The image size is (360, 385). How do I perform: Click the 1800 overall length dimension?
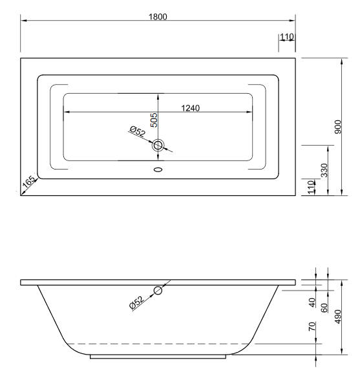point(158,16)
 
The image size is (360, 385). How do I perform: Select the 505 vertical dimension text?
point(154,120)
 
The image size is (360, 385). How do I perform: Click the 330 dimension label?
point(324,170)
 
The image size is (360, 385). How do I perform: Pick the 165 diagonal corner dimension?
point(29,184)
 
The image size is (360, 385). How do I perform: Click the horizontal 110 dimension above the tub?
point(288,38)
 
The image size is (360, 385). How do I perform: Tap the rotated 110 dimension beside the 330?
point(312,188)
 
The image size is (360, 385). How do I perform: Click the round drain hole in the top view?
point(158,146)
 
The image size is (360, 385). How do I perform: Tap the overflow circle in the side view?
point(158,291)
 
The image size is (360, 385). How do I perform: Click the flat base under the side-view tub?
point(158,356)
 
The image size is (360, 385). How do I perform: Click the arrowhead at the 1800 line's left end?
point(23,20)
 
